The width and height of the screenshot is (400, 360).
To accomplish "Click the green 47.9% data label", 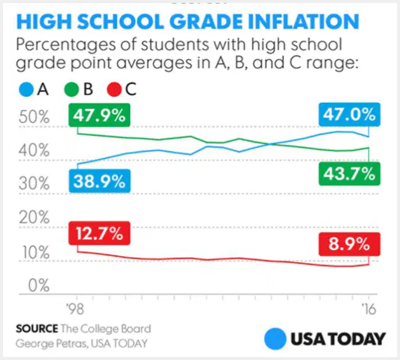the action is (99, 115).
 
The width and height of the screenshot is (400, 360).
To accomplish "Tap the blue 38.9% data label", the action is (100, 181).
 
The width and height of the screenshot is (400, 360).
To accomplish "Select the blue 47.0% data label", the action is (350, 115).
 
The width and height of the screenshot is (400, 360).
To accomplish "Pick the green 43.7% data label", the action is (350, 174).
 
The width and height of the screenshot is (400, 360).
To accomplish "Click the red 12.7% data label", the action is (99, 233).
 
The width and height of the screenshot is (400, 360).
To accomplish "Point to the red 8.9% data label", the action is (350, 244).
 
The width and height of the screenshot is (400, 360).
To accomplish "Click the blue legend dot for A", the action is (26, 90).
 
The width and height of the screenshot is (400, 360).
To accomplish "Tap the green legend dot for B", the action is (71, 90).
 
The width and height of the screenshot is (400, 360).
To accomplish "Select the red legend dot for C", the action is (114, 90).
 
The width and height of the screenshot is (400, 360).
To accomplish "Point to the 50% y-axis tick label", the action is (34, 117).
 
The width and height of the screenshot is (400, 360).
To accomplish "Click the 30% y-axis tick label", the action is (34, 184).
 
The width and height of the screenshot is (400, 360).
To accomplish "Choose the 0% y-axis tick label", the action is (39, 285).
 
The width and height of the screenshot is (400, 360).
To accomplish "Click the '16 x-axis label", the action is (369, 309).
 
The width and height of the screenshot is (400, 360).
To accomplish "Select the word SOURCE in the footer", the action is (37, 329).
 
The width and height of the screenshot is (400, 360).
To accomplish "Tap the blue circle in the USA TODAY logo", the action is (275, 339).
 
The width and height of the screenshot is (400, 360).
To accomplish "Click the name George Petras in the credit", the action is (52, 343).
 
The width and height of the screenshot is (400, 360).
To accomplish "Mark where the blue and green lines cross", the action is (269, 144).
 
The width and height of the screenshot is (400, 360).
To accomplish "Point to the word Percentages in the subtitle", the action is (66, 45).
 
